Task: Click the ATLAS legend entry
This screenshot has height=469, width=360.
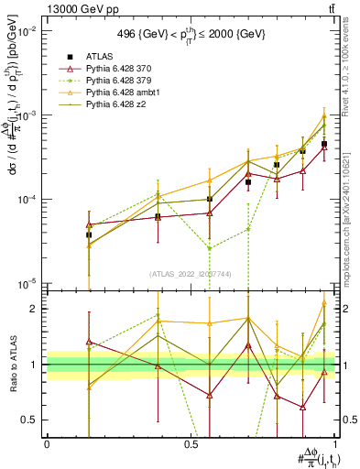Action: tap(100, 56)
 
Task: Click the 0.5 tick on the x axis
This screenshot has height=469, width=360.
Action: tap(191, 444)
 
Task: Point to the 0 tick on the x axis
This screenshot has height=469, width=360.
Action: tap(47, 444)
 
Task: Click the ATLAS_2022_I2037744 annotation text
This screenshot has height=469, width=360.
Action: tap(190, 274)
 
